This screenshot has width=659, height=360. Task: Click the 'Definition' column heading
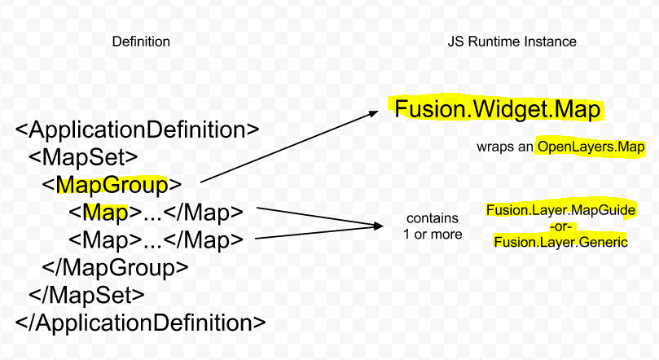click(140, 42)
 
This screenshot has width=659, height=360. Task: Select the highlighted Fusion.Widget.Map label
click(499, 109)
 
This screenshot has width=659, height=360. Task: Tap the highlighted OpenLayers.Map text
click(591, 147)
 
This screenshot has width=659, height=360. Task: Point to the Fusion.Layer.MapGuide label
click(560, 210)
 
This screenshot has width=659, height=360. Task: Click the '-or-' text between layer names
click(560, 226)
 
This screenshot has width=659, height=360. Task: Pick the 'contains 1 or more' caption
click(433, 226)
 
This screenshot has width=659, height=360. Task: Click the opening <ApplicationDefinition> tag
click(137, 130)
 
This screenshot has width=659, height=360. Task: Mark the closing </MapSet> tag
click(86, 293)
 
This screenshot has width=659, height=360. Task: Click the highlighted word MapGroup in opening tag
click(112, 185)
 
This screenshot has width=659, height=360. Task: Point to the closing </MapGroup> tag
click(115, 266)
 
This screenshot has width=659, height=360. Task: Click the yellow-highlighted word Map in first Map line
click(105, 213)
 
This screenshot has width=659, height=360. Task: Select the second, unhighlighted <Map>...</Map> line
click(156, 239)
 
